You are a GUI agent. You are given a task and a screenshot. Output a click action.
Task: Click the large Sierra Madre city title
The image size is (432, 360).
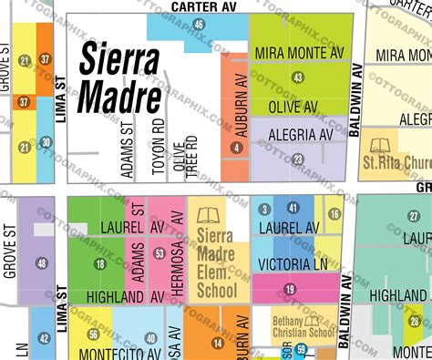tap(121, 77)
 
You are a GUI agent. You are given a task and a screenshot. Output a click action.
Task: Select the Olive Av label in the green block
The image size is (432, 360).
tap(297, 107)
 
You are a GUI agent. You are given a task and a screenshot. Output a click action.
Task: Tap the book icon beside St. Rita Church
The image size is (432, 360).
tap(377, 145)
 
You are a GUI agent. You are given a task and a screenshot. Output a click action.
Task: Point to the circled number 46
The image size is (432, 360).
tap(199, 24)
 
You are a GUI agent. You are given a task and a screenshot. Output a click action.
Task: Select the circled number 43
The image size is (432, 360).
tap(298, 79)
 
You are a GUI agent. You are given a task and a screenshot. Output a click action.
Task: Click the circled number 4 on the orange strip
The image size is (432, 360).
tap(237, 149)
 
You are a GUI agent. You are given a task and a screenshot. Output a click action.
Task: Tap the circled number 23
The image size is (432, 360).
tap(298, 159)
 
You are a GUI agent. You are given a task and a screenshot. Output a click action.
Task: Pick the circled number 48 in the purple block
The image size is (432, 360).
tap(41, 263)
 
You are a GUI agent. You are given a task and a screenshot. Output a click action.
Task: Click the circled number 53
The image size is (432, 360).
tap(159, 252)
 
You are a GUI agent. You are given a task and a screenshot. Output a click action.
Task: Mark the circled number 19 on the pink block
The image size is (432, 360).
tap(290, 290)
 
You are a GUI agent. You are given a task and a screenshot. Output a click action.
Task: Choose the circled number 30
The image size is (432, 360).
tap(46, 143)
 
